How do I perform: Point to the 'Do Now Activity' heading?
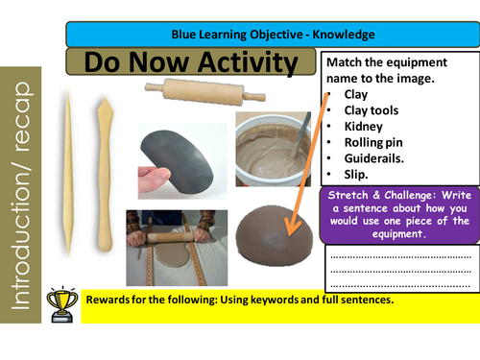click(192, 63)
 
